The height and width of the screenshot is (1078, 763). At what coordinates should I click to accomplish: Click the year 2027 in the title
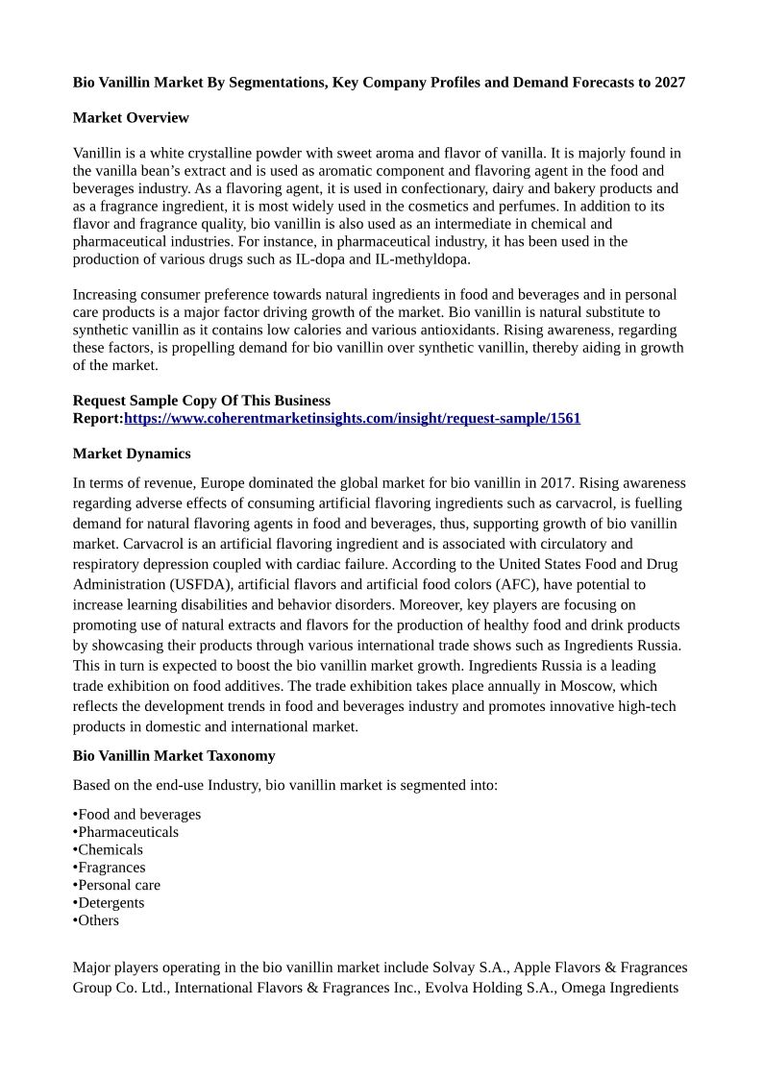point(670,83)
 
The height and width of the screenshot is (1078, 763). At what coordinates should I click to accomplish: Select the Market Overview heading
point(131,118)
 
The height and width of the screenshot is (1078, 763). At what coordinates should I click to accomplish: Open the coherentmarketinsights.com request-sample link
point(352,419)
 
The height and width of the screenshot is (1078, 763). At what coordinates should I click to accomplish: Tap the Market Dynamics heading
point(132,453)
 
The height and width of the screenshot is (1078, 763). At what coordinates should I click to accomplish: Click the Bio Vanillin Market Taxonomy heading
point(174,756)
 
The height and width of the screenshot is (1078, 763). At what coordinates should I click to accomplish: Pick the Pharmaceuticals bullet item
point(128,832)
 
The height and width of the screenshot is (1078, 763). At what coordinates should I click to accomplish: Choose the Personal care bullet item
point(119,885)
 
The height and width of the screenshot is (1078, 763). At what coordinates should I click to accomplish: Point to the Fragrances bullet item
point(111,868)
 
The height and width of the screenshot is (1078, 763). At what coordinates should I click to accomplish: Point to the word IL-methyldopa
point(422,259)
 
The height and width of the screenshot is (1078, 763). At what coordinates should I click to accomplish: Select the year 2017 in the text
point(555,483)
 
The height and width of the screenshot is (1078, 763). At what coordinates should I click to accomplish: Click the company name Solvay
point(455,968)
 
